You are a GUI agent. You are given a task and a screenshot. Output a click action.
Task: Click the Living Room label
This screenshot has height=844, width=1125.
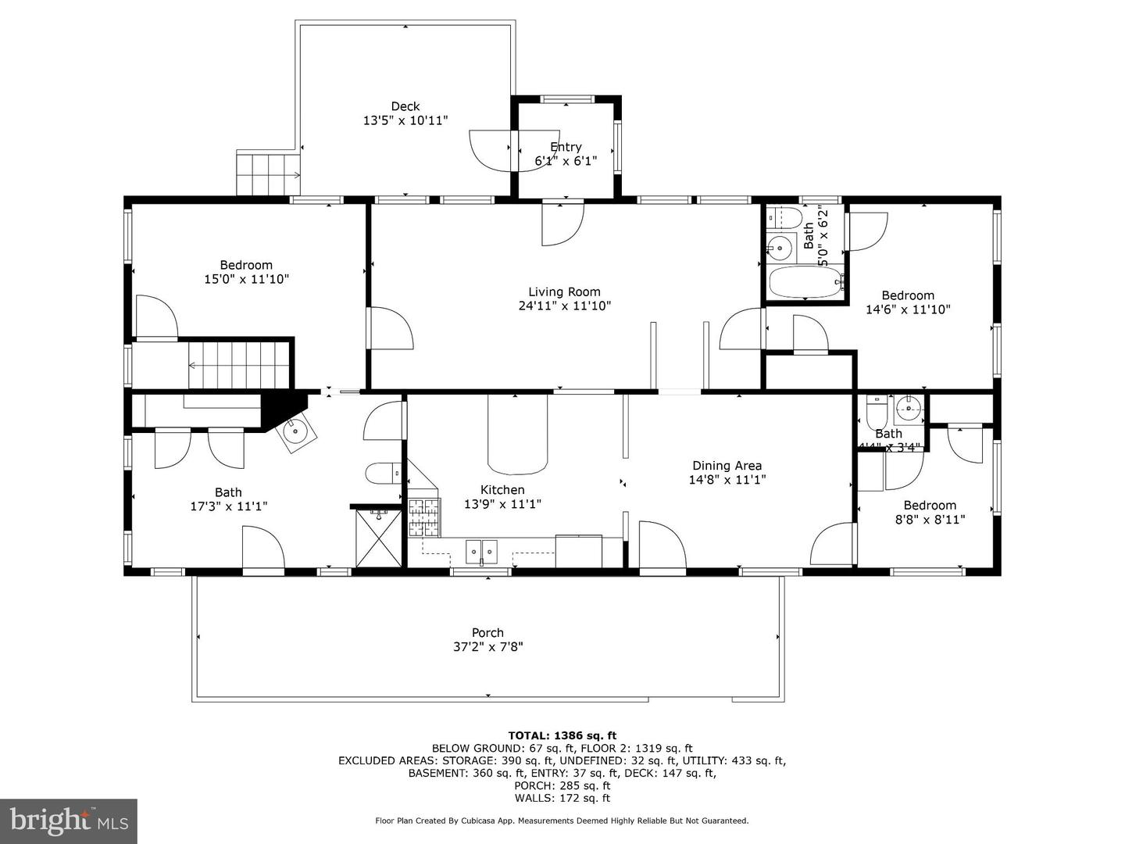564,292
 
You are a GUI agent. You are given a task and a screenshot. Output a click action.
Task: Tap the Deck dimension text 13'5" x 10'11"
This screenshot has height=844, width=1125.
405,121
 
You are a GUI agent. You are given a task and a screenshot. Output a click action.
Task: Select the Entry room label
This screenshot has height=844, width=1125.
566,147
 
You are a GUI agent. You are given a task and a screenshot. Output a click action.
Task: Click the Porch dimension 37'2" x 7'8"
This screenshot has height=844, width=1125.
487,647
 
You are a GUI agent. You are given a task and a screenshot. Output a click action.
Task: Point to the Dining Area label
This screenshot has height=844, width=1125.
727,466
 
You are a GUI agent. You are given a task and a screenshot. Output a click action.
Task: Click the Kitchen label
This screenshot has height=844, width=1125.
502,490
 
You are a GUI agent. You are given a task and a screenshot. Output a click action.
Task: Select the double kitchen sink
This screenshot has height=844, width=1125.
481,551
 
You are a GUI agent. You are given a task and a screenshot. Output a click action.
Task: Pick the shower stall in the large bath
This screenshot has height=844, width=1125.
378,538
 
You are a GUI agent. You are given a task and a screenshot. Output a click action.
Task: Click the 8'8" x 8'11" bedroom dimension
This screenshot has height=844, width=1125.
930,519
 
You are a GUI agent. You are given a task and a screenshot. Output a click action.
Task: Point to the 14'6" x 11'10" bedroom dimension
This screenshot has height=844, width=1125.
908,309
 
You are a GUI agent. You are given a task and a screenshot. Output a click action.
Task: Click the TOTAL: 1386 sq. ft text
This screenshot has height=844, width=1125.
562,735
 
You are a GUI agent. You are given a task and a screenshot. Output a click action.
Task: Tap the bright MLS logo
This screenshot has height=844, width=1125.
69,821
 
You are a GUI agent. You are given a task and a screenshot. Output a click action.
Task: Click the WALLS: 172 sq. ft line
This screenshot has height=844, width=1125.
562,798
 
